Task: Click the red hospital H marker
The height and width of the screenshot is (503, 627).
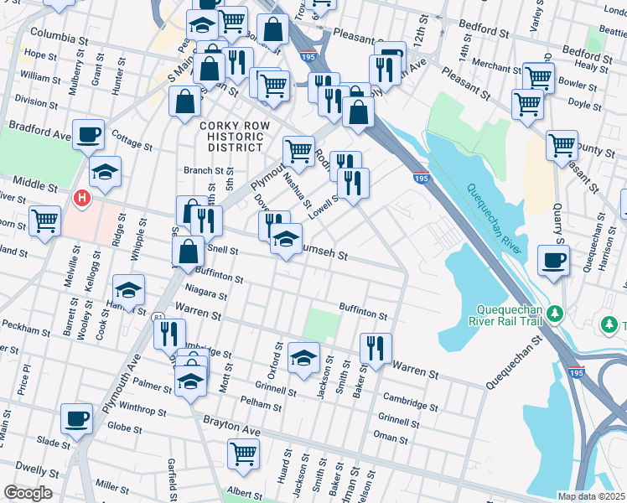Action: (82, 198)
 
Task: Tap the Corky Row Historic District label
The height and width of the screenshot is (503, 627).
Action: (231, 136)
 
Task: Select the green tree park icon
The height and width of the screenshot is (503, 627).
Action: (554, 313)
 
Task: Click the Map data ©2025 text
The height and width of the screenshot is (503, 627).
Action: (591, 496)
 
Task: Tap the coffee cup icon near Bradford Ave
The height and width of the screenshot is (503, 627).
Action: (88, 134)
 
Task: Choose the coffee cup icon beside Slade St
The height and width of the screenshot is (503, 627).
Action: (76, 418)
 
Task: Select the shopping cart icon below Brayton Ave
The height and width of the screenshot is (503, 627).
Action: (243, 454)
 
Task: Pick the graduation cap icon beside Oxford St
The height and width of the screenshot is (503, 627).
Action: (303, 357)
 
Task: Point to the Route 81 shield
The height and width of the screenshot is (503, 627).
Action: (158, 318)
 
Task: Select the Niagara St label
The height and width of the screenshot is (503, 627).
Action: (205, 294)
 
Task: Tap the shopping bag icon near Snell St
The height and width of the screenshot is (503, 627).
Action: (189, 250)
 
